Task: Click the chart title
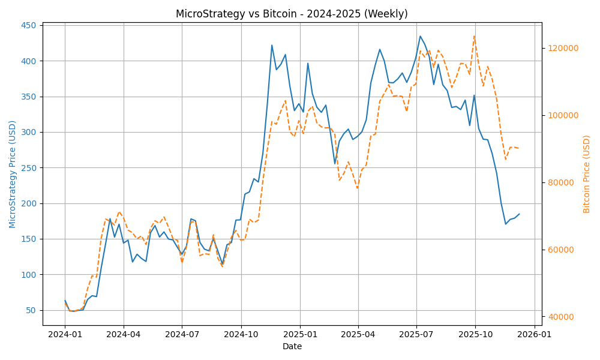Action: pos(292,14)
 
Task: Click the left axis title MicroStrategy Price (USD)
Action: pos(13,174)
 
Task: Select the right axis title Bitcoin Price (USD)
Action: pos(587,174)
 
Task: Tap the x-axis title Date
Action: pos(292,346)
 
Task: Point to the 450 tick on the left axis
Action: pos(28,25)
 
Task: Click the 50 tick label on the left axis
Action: pos(31,310)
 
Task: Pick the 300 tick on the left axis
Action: pos(28,132)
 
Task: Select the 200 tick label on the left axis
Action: pos(28,203)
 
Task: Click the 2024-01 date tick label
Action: pos(65,335)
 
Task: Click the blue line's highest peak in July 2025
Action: pos(420,36)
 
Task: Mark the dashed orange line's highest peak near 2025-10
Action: pos(474,36)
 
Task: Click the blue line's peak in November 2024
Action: pos(272,45)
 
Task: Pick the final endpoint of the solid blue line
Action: pos(520,214)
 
